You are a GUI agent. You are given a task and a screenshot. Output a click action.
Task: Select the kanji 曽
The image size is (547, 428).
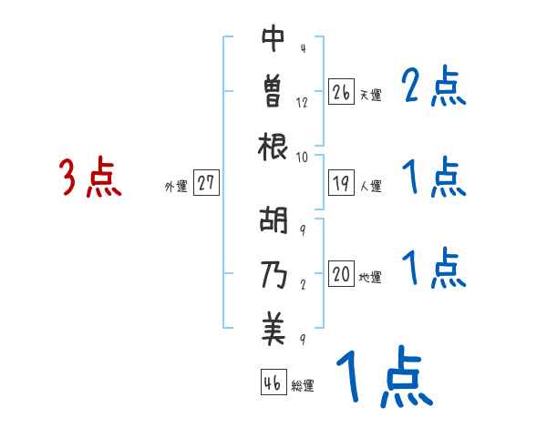(x=273, y=91)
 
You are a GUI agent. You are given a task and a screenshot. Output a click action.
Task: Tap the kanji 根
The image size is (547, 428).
(x=273, y=146)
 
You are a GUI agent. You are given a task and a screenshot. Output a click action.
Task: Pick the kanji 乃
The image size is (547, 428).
(x=273, y=273)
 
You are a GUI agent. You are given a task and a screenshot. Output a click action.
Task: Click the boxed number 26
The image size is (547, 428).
(x=341, y=92)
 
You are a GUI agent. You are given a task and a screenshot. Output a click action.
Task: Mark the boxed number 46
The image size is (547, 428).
(x=272, y=382)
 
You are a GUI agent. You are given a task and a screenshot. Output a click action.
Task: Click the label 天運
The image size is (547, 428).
(x=370, y=95)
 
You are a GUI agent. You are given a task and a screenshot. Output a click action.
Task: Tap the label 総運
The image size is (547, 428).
(x=302, y=386)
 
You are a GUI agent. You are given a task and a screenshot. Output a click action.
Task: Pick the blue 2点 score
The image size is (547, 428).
(x=434, y=89)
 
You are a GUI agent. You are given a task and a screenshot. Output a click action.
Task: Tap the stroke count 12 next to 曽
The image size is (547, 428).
(x=303, y=103)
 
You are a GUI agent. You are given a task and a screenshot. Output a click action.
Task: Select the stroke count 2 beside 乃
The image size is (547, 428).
(x=302, y=283)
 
